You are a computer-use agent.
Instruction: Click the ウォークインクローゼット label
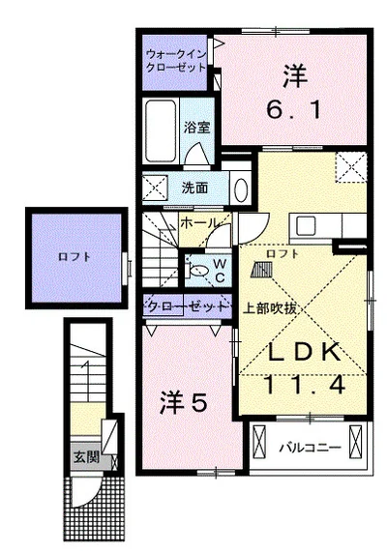(x=175, y=61)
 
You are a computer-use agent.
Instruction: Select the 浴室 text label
(x=196, y=128)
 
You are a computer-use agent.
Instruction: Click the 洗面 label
(x=194, y=188)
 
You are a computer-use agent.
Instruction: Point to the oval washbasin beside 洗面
(x=241, y=190)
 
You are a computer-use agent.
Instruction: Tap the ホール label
(x=199, y=223)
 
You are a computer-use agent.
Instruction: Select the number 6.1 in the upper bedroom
(x=293, y=110)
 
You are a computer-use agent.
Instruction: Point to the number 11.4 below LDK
(x=304, y=385)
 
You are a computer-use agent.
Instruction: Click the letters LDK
(x=304, y=352)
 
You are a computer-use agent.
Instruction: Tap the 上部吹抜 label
(x=270, y=308)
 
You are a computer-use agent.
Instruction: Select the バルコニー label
(x=311, y=448)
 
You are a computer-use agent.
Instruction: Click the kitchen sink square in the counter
(x=305, y=226)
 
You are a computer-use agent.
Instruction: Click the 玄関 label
(x=86, y=458)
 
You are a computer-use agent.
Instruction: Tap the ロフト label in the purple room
(x=74, y=256)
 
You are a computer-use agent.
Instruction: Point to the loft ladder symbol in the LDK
(x=261, y=271)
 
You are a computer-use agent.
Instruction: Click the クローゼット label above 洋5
(x=187, y=306)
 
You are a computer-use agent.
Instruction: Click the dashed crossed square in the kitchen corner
(x=350, y=167)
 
